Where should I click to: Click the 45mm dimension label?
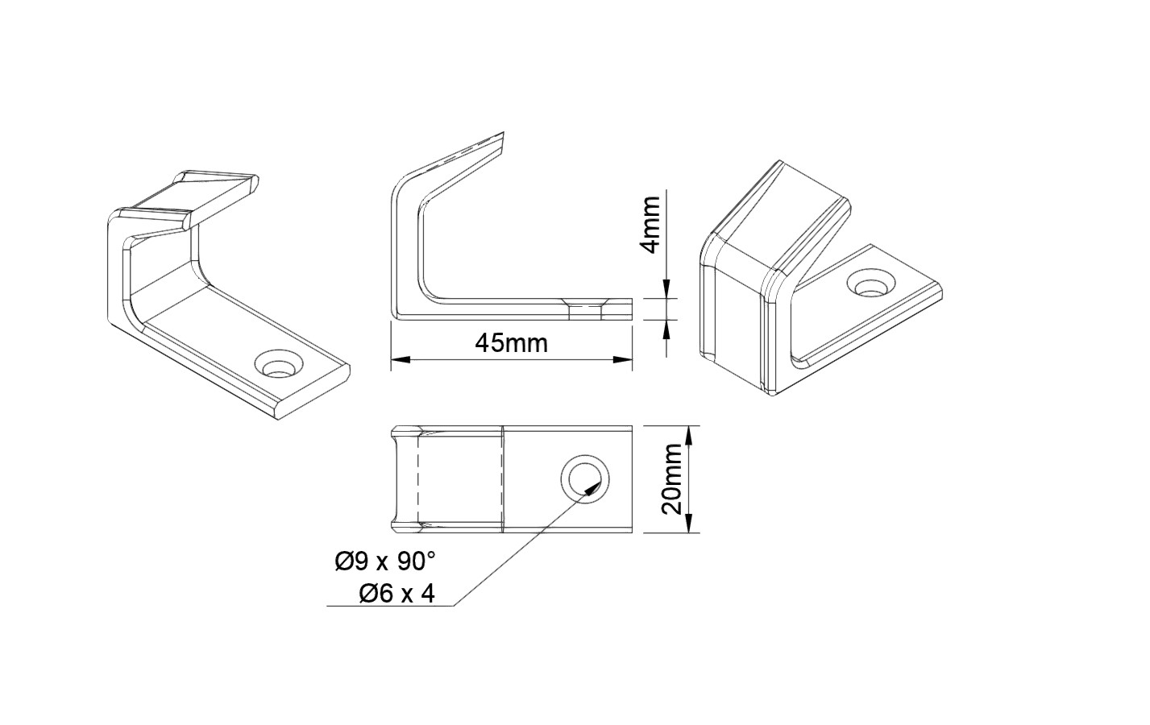(512, 343)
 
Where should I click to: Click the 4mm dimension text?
(651, 224)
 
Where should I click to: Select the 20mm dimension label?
(671, 479)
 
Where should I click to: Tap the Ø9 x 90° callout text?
(386, 561)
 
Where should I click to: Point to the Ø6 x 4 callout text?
(397, 594)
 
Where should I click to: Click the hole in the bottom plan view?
(585, 478)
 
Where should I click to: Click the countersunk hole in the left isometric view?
(279, 364)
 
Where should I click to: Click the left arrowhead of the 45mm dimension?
(401, 360)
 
